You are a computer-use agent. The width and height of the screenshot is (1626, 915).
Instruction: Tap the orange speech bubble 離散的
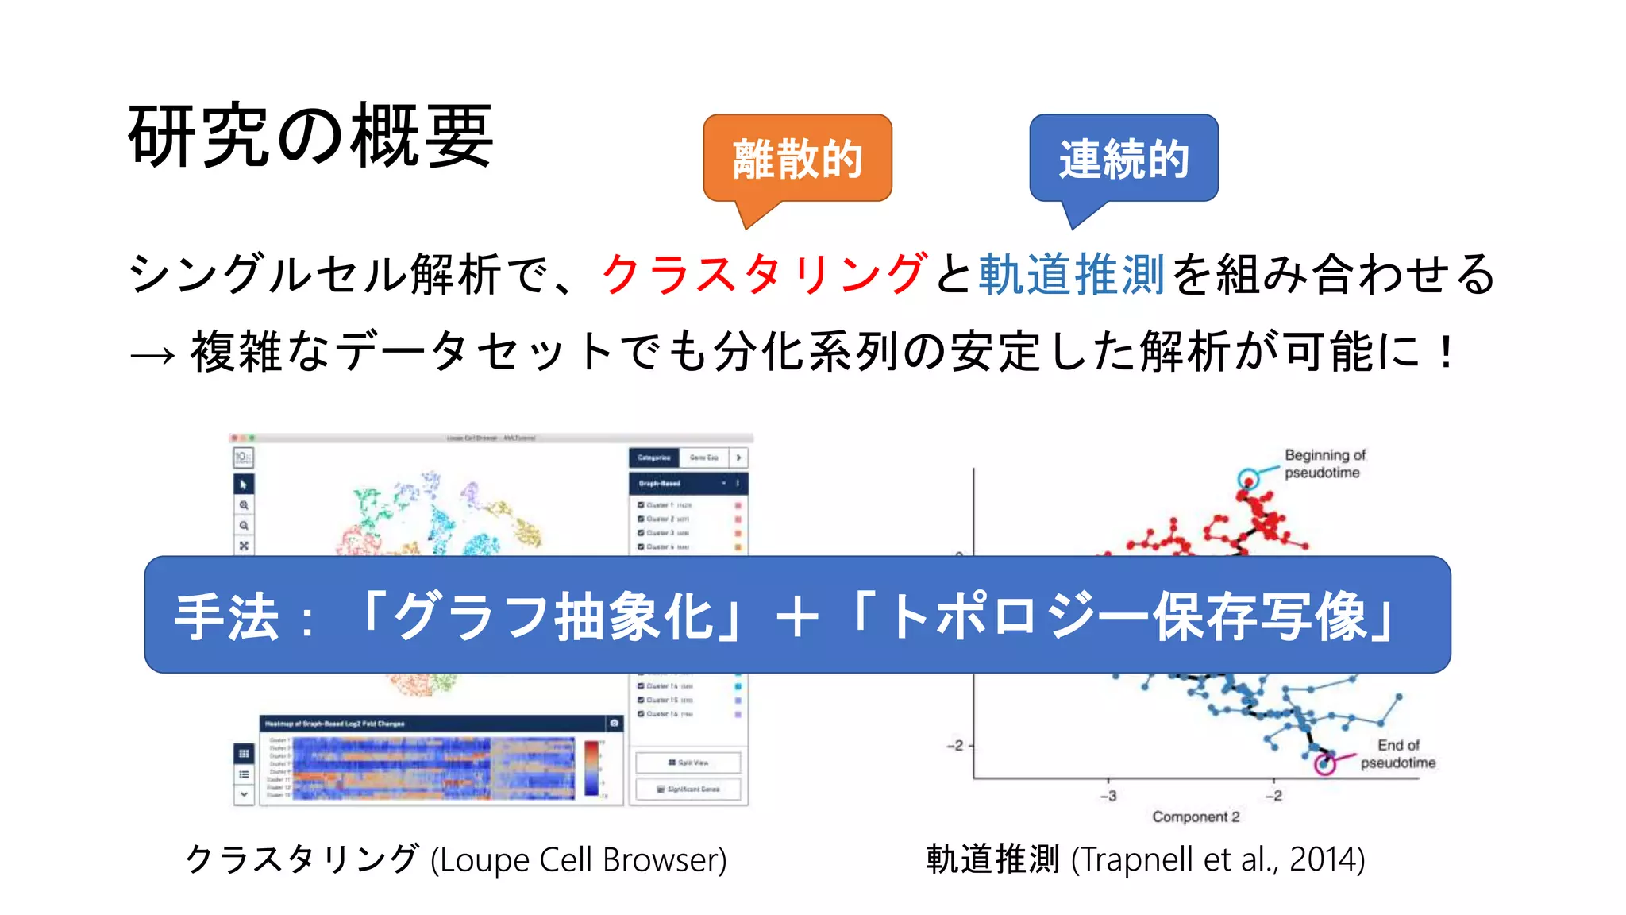pos(797,158)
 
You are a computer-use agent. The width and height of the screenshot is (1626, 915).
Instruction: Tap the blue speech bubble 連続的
pos(1123,158)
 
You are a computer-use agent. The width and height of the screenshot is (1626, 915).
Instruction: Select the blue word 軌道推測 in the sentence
pos(1071,274)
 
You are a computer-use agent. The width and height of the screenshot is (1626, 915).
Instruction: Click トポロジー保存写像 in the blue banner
pos(1127,616)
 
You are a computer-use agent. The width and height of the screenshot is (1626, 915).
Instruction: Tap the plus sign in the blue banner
pos(797,616)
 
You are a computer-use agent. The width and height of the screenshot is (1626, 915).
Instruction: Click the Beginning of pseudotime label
pos(1324,464)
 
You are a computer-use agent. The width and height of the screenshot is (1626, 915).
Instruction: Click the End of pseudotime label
pos(1397,754)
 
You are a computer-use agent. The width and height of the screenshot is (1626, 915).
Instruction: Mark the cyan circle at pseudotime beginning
pos(1248,479)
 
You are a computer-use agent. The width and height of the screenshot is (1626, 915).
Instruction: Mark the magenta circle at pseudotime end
pos(1324,764)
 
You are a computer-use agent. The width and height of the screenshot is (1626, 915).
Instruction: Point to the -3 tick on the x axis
pos(1108,795)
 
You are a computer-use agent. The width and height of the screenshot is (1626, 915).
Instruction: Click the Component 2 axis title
pos(1195,817)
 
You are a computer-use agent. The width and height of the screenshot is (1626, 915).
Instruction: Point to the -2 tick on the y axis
pos(955,745)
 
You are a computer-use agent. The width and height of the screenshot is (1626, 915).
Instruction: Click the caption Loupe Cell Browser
pos(578,859)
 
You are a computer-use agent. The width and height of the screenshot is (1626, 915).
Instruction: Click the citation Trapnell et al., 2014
pos(1218,859)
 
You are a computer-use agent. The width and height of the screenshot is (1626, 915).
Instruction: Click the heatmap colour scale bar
pos(591,767)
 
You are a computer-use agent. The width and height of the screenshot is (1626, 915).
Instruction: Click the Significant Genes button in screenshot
pos(688,789)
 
